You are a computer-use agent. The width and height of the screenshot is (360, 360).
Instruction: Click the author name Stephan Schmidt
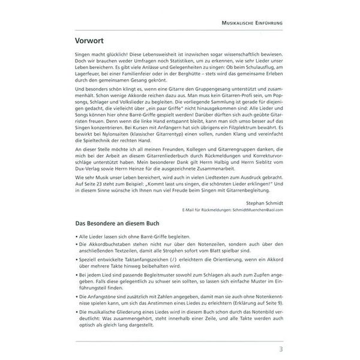point(262,204)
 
